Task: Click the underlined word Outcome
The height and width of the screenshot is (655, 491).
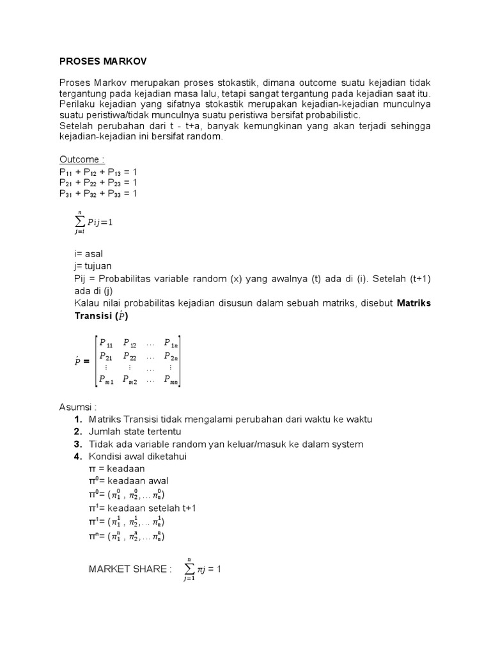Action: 81,159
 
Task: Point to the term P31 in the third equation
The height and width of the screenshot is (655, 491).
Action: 66,194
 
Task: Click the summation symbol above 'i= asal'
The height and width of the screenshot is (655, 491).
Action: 79,222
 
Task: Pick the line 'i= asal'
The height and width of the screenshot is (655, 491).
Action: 88,254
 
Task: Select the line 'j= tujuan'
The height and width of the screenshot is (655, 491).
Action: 93,265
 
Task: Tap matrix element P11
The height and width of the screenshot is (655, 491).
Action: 105,343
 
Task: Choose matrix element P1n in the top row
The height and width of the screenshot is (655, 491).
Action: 171,343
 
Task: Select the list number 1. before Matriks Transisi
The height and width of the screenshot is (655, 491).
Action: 78,419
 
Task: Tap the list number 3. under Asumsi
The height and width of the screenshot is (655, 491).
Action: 78,444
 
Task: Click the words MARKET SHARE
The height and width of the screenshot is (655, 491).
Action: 130,569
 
